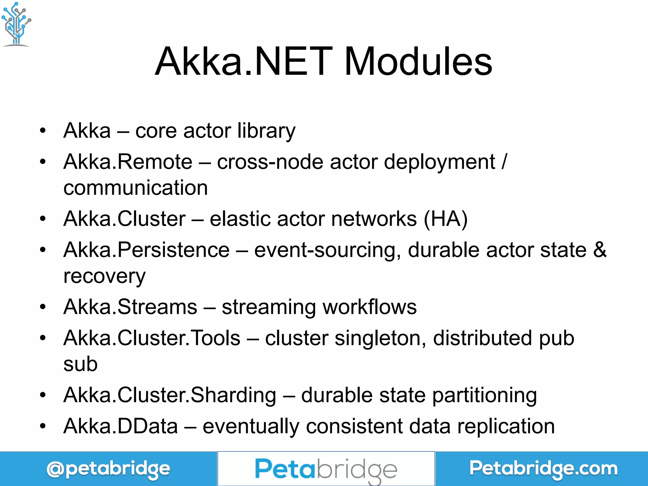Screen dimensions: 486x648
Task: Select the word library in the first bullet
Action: [266, 131]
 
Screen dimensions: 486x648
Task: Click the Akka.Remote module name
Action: [128, 162]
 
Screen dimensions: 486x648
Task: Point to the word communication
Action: [135, 188]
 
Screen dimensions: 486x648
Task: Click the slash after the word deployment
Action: [504, 162]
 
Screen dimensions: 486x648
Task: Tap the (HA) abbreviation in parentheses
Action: [445, 219]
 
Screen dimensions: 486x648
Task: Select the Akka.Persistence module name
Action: [146, 250]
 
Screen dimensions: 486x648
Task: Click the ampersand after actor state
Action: [600, 250]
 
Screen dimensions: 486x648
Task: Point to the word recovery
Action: [104, 276]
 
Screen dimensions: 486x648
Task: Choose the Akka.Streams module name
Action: [130, 307]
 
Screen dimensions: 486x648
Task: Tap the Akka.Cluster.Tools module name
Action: [152, 338]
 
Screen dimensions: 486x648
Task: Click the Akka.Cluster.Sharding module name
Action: [170, 395]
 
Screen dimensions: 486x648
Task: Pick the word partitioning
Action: [484, 396]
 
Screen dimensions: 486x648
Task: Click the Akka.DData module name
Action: [121, 426]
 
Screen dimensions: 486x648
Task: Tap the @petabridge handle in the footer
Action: [108, 469]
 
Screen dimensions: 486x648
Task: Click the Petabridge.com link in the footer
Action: [543, 469]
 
